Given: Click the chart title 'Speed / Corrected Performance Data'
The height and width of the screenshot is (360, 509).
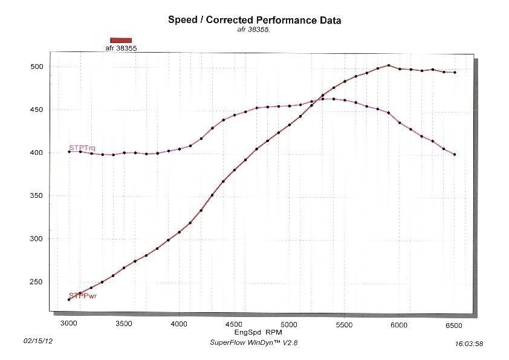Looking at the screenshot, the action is [254, 20].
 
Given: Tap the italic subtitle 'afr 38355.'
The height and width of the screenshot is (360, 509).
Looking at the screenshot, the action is [253, 30].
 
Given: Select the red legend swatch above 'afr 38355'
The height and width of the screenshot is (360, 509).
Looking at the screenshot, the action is [121, 41].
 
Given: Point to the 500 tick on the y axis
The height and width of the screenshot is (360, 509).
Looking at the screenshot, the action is [36, 67].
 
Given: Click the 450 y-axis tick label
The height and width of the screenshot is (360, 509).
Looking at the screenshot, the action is [36, 110].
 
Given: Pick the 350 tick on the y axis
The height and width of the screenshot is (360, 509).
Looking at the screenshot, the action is [36, 195].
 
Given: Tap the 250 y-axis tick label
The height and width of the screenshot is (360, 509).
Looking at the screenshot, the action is [36, 282].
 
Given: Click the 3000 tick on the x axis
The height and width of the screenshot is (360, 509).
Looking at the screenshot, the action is [69, 323].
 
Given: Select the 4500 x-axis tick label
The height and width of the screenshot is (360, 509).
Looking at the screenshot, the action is [234, 324].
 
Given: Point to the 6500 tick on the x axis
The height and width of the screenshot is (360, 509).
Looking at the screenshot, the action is [453, 326].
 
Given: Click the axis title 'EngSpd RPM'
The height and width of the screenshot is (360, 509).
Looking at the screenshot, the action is [258, 332].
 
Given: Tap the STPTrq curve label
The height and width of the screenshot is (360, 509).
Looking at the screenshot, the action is [82, 148].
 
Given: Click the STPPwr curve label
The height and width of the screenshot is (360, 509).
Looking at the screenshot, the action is [83, 296].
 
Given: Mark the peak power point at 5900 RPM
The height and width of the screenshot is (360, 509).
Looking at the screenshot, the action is [389, 65].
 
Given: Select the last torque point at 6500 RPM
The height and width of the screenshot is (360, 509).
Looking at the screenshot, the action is [455, 155].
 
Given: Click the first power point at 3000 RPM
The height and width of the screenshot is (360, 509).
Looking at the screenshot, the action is [69, 299].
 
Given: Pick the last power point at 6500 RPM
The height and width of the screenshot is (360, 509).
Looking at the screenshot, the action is [455, 73].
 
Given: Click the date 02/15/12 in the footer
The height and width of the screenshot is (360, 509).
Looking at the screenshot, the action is [38, 341].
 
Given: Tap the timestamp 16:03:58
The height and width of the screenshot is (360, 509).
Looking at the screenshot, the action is [468, 344].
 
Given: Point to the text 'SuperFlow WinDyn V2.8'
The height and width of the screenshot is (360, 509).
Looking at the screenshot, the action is [253, 342].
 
